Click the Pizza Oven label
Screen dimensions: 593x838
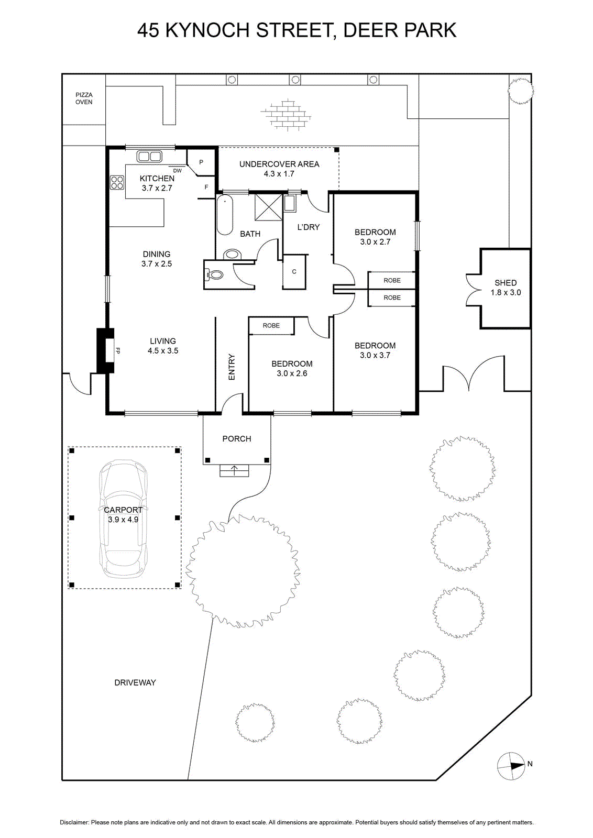click(84, 98)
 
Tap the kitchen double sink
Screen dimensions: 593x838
click(149, 156)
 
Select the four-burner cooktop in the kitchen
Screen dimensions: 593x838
click(117, 182)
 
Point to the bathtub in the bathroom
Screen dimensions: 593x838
click(225, 215)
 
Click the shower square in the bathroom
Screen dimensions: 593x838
click(268, 207)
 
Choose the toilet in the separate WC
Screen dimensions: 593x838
click(214, 275)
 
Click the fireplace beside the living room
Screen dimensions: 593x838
click(105, 350)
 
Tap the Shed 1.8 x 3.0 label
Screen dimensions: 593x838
click(506, 288)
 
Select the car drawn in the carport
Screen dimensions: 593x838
click(123, 519)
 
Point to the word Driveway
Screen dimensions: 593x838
click(135, 682)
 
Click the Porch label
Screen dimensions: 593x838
click(237, 438)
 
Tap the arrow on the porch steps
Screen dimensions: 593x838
click(234, 470)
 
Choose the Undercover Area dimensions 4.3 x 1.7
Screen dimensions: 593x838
click(279, 173)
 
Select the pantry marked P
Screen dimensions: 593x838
click(201, 162)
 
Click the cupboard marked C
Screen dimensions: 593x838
click(294, 272)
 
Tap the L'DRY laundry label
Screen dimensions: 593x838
click(308, 227)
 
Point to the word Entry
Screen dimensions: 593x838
click(232, 367)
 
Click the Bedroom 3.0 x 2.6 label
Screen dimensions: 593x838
click(292, 369)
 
